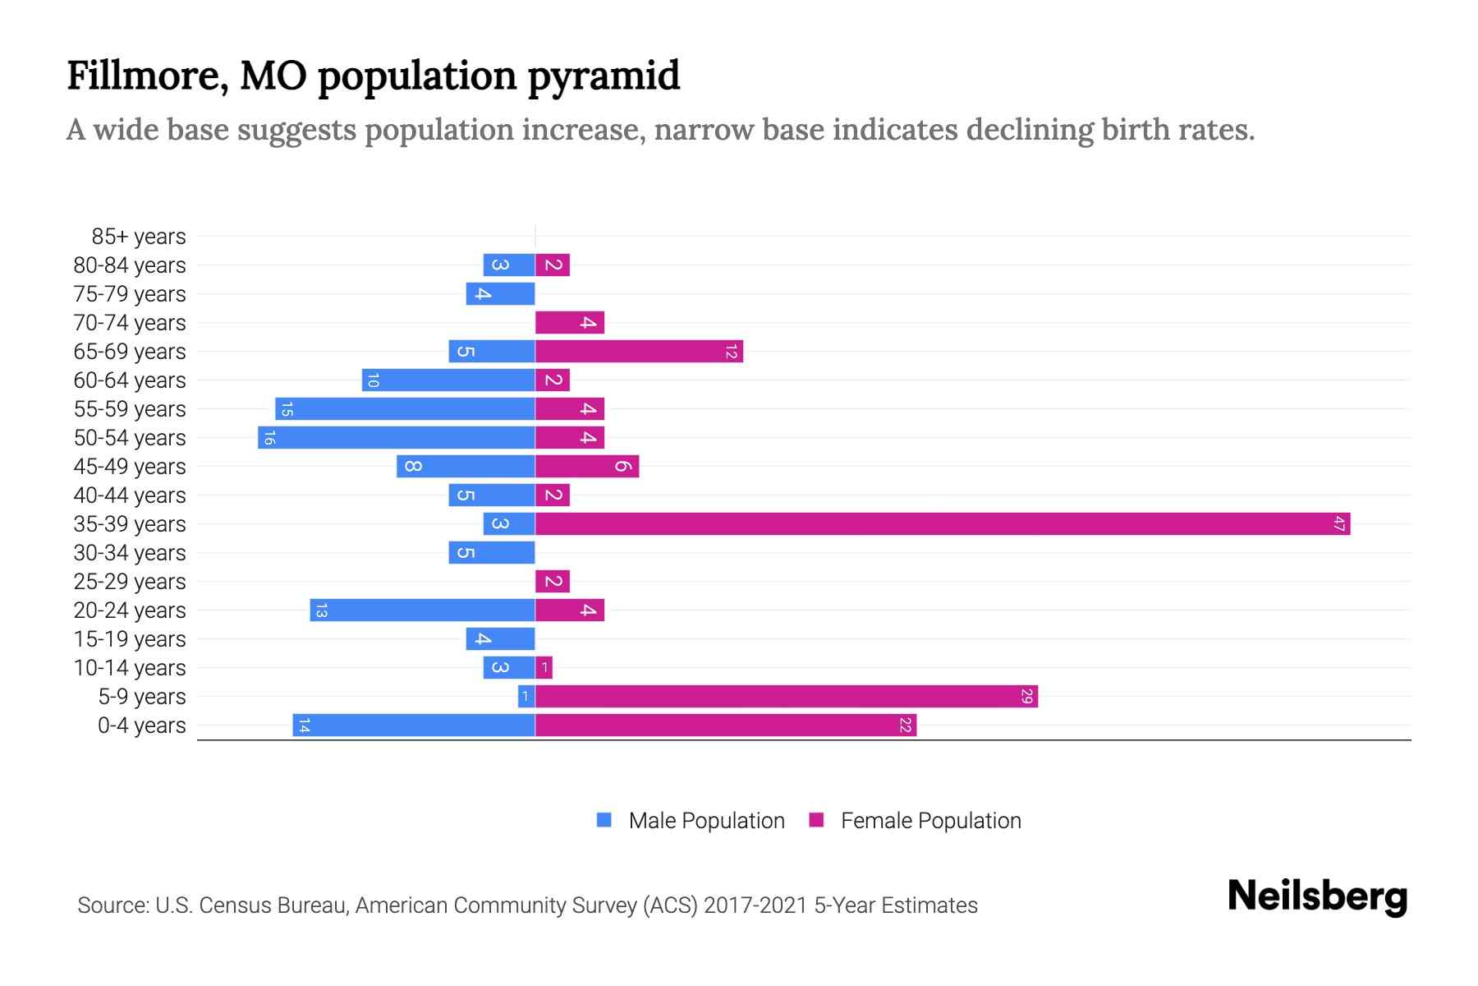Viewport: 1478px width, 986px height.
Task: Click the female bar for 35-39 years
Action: (943, 523)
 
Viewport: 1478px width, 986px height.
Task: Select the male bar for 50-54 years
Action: (397, 437)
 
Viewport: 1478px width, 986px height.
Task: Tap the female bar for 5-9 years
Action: (787, 696)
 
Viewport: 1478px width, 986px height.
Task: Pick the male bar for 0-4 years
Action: (414, 725)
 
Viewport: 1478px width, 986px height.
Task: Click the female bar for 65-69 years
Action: (639, 351)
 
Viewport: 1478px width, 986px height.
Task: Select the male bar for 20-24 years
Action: (422, 610)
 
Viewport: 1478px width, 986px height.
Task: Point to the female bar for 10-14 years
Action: (544, 667)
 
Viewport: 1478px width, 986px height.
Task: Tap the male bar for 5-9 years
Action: (526, 696)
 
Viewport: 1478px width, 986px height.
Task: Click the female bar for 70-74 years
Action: (570, 322)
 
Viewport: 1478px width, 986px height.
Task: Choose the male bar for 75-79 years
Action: (500, 293)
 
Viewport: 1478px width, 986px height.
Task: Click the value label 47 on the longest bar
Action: (1339, 523)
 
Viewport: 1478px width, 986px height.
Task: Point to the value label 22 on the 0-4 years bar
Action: (905, 725)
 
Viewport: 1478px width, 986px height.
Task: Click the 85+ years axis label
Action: (138, 237)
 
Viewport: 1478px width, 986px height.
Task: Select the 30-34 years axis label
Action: (130, 553)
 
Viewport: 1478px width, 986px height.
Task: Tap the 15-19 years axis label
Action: (130, 639)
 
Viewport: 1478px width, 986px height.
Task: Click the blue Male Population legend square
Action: (604, 820)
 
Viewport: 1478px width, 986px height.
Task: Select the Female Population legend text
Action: (930, 820)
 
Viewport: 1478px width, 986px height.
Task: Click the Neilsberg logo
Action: (1317, 896)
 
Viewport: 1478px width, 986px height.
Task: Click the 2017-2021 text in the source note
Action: (755, 905)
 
